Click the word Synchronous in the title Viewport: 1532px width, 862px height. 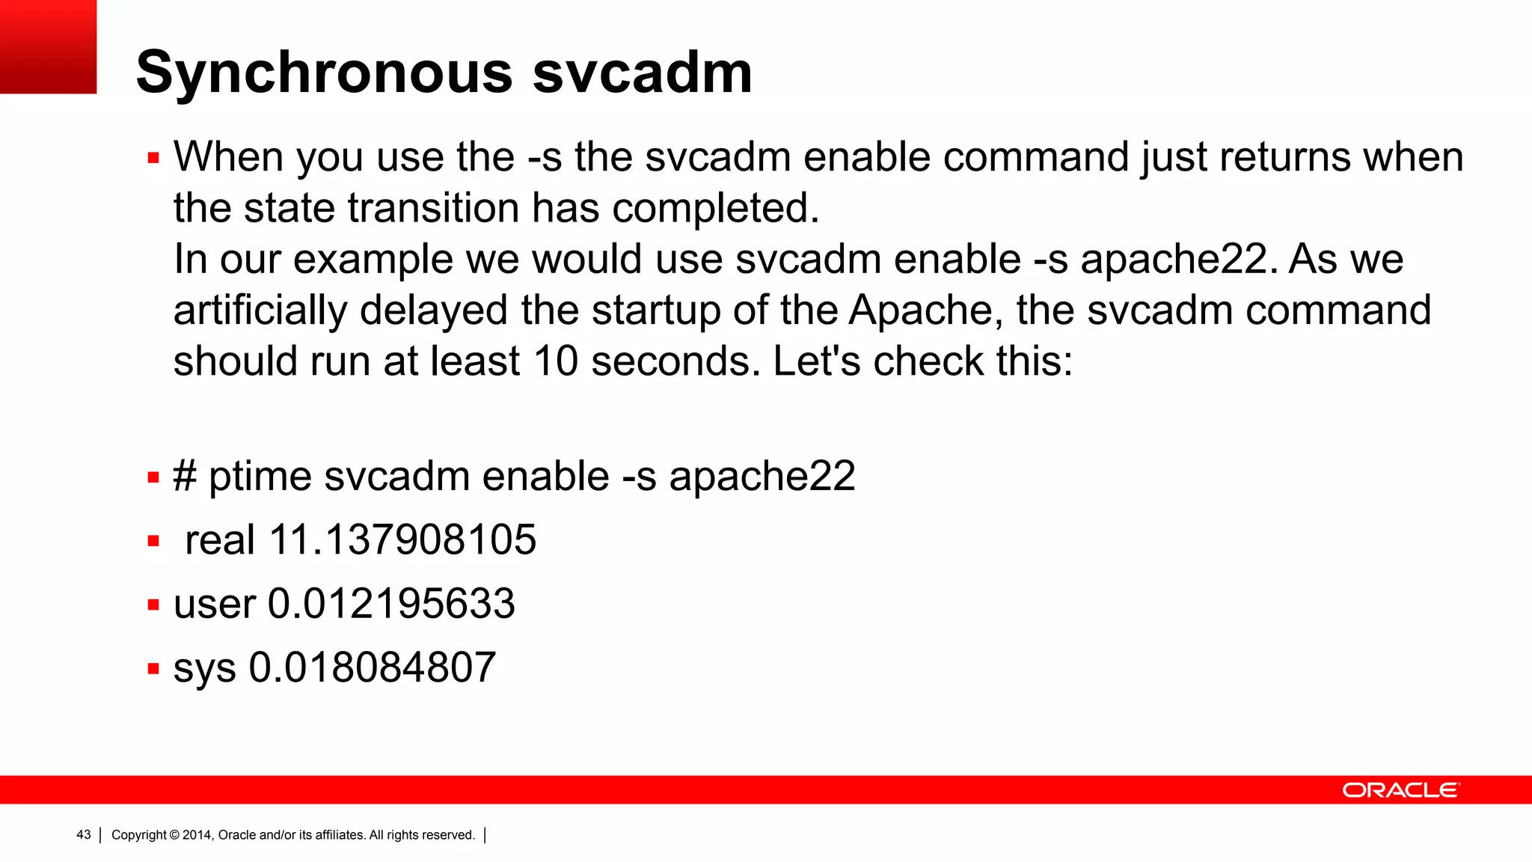point(324,73)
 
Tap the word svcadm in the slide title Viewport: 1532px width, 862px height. point(642,73)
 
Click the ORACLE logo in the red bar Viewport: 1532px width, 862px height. point(1400,790)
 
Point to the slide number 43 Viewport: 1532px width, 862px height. point(83,835)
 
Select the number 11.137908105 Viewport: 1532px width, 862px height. point(402,539)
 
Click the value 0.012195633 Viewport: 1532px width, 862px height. point(391,603)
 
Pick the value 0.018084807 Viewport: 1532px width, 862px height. point(372,667)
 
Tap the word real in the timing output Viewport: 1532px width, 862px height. point(220,539)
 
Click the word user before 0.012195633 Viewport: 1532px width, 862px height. point(215,603)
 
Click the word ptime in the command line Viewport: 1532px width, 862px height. point(260,477)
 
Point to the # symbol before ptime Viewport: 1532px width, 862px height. point(185,476)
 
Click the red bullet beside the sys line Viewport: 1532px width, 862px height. point(153,668)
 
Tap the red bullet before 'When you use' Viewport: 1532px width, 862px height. point(153,158)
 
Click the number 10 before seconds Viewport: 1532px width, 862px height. point(556,361)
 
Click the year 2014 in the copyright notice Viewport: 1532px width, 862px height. point(197,835)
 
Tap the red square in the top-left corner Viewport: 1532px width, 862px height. point(48,46)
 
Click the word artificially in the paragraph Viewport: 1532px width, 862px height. point(260,311)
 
